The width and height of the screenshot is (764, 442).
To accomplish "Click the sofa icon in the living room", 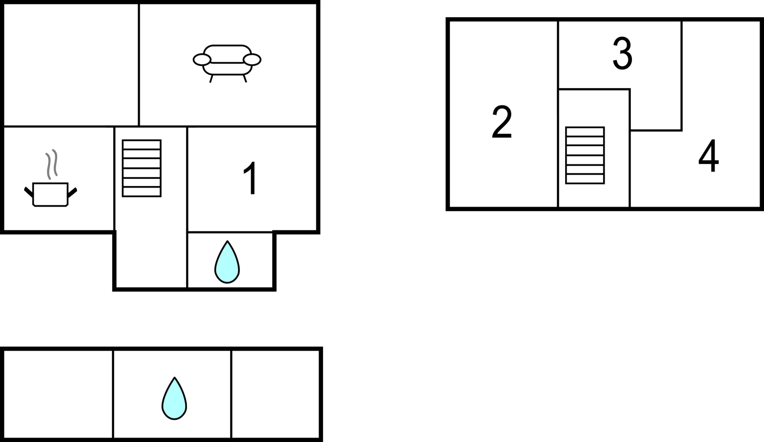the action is (x=227, y=63).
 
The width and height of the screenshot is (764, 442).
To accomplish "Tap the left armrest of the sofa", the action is (x=202, y=60).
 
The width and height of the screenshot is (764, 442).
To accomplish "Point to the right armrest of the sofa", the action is (x=252, y=60).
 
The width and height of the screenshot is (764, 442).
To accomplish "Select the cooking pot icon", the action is (x=51, y=194).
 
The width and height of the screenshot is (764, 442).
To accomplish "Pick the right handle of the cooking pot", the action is (x=72, y=193).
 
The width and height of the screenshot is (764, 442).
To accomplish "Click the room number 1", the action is (x=251, y=178).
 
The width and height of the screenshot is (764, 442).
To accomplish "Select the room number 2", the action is (x=502, y=122).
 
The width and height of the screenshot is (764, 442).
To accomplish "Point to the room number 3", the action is (x=622, y=53).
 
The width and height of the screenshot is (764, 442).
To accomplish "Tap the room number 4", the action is (x=709, y=156).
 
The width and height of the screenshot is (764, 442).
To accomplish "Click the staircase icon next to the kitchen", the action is (x=142, y=168).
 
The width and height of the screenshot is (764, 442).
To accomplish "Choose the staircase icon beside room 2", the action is (x=585, y=155).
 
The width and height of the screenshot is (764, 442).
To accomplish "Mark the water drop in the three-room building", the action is (x=174, y=398).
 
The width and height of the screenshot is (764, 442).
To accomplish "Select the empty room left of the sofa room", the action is (x=71, y=65).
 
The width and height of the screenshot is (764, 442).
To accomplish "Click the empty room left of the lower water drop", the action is (x=58, y=394).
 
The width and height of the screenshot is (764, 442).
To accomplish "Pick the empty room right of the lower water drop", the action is (x=275, y=394).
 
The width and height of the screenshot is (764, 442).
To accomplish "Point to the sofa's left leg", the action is (x=211, y=79).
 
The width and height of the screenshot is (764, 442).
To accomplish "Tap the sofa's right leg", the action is (x=245, y=79).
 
